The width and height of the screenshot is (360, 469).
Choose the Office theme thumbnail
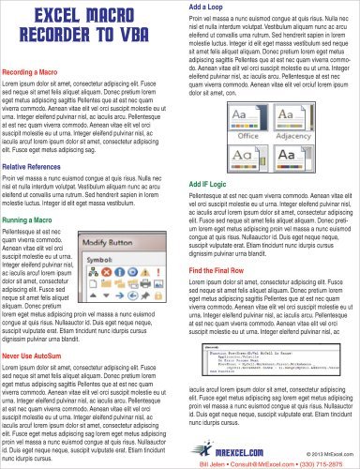point(217,117)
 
